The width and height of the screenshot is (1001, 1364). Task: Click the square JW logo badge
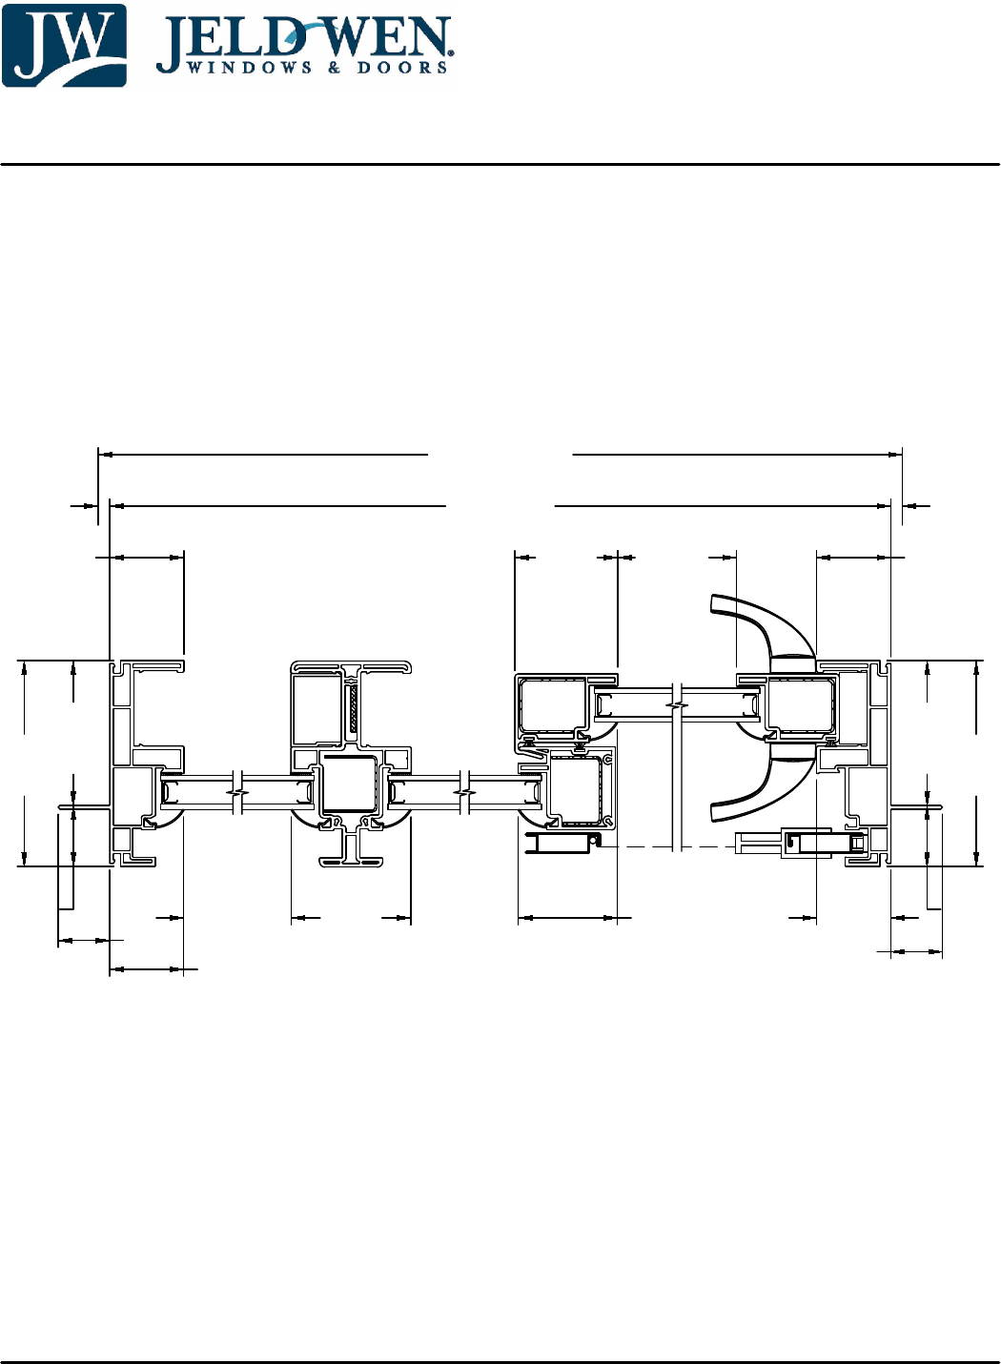64,45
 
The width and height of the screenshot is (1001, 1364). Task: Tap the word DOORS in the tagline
402,68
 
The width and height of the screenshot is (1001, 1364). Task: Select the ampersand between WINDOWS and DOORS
335,68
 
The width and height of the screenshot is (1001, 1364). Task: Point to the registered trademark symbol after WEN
451,53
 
